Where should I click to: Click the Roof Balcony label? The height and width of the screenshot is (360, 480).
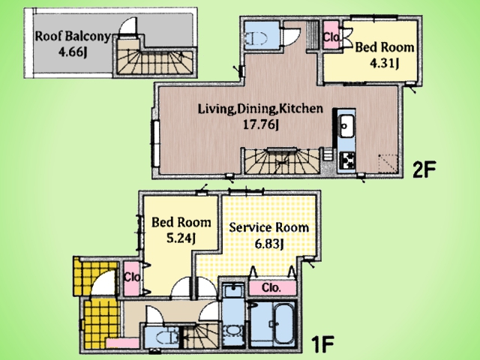(x=72, y=36)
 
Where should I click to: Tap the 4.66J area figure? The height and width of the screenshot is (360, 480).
(x=72, y=52)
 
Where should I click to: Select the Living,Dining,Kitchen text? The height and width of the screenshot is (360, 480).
(x=260, y=109)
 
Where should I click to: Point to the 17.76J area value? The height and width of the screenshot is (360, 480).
(x=260, y=124)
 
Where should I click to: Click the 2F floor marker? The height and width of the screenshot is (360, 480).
(x=424, y=169)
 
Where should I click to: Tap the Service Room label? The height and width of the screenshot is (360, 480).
(x=268, y=227)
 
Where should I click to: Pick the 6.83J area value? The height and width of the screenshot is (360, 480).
(x=268, y=244)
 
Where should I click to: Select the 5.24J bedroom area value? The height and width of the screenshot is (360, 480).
(x=181, y=238)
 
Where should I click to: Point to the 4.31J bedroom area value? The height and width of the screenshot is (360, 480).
(x=384, y=63)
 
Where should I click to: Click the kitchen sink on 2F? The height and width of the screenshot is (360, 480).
(x=346, y=125)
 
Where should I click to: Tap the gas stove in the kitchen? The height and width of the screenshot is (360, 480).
(x=347, y=160)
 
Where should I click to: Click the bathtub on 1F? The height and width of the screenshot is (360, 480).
(x=283, y=324)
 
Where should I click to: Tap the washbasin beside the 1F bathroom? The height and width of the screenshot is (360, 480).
(x=233, y=331)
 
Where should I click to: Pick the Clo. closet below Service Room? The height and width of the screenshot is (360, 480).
(x=271, y=287)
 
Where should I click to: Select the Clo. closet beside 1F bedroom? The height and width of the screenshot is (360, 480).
(x=132, y=277)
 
